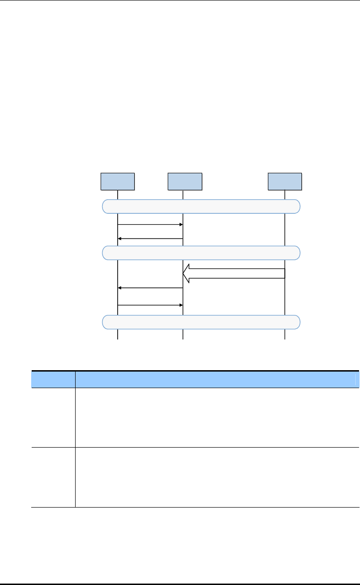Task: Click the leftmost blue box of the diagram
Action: point(118,181)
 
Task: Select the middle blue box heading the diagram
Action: point(185,181)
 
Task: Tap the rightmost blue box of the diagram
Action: point(285,181)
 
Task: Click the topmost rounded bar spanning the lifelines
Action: point(201,206)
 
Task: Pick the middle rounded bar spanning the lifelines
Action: point(201,253)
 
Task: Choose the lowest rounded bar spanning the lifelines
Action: point(201,322)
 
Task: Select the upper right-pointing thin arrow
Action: point(150,225)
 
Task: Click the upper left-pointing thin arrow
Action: point(150,239)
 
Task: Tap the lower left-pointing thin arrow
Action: point(150,288)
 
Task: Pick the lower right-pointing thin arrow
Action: point(150,305)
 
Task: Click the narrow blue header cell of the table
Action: point(53,380)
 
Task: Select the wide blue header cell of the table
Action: point(217,380)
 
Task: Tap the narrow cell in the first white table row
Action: point(53,417)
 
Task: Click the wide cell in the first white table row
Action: point(217,417)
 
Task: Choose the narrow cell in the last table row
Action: point(53,477)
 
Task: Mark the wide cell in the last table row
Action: point(217,477)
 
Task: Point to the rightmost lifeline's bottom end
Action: point(285,338)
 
